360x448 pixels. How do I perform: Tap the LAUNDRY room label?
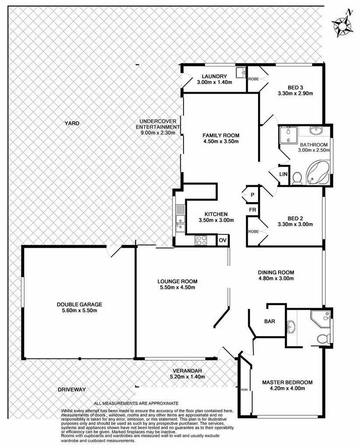(212, 76)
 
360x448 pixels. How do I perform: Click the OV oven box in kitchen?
(222, 240)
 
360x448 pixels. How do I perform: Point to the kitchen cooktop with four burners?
(201, 240)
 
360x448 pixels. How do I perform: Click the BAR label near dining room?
(269, 322)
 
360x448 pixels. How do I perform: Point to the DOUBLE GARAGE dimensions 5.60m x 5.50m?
(79, 311)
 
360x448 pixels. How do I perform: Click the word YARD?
(73, 124)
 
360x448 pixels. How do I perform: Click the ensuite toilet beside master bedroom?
(323, 339)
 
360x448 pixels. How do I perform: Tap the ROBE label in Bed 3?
(253, 79)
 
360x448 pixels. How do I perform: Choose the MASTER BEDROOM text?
(287, 382)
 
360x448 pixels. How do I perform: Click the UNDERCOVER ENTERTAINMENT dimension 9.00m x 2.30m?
(157, 133)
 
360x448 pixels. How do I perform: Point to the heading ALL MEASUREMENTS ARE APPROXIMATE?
(136, 403)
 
